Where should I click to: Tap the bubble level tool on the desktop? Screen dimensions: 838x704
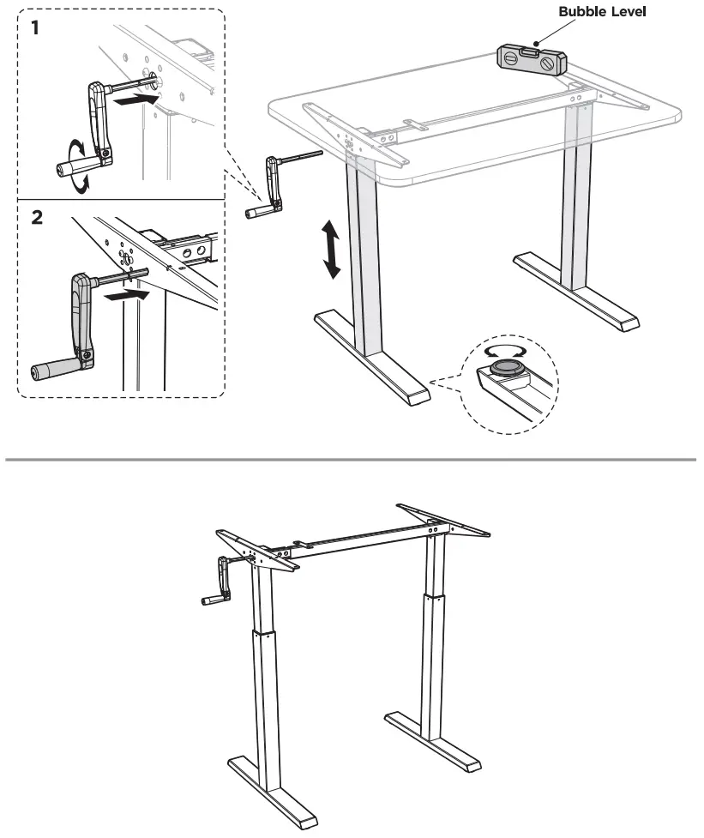click(531, 62)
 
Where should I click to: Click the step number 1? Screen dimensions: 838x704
click(35, 27)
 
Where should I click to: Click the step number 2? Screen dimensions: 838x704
click(37, 216)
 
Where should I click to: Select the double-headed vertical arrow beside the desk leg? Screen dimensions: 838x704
click(331, 249)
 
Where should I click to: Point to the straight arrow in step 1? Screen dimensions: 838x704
click(137, 100)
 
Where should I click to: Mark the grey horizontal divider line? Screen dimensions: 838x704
click(352, 460)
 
